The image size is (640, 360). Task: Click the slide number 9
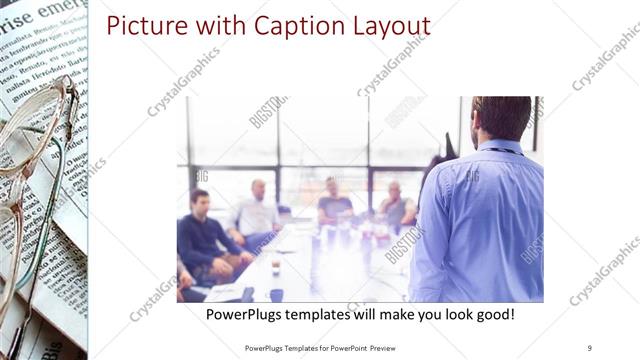pyautogui.click(x=590, y=348)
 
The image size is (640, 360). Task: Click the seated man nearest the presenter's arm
pyautogui.click(x=397, y=208)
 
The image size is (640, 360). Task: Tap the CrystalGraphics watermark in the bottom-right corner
pyautogui.click(x=605, y=270)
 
